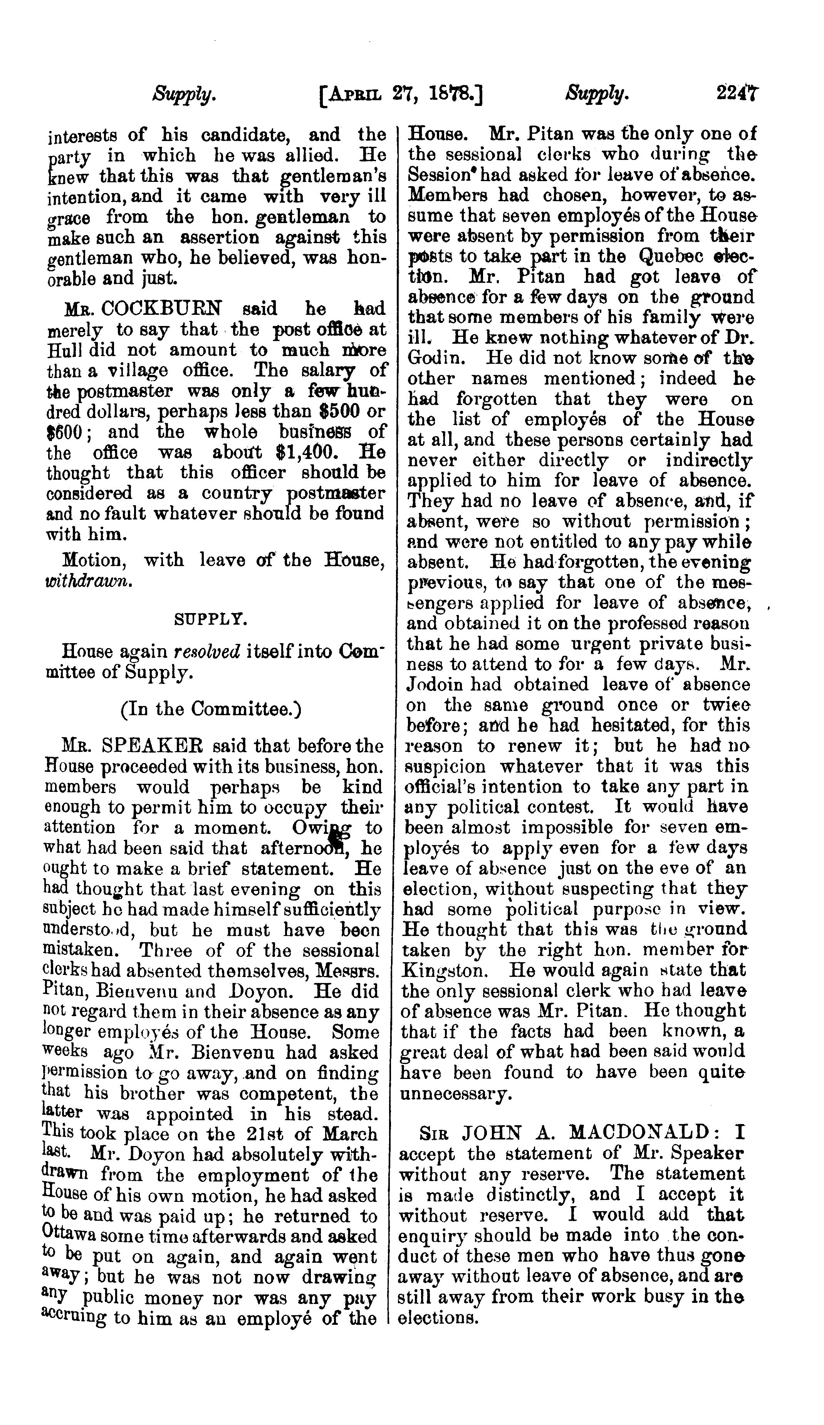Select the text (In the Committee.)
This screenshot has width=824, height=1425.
(x=211, y=709)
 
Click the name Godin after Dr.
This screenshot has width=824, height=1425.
(x=432, y=358)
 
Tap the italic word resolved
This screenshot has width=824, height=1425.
(x=206, y=652)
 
